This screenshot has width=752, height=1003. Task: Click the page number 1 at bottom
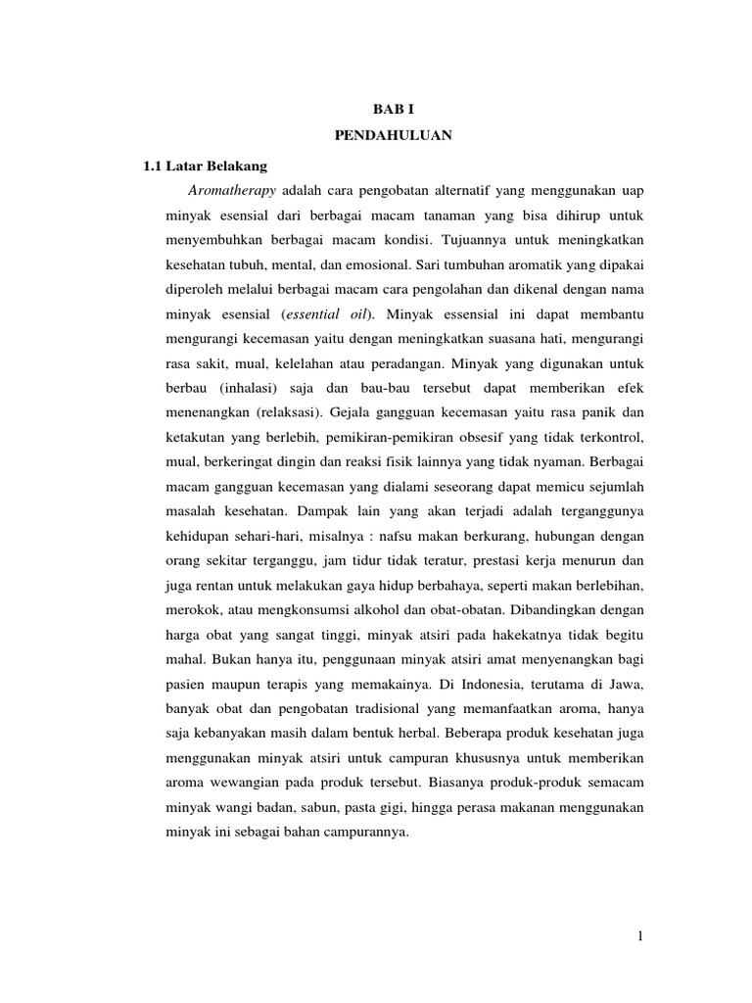click(639, 937)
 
